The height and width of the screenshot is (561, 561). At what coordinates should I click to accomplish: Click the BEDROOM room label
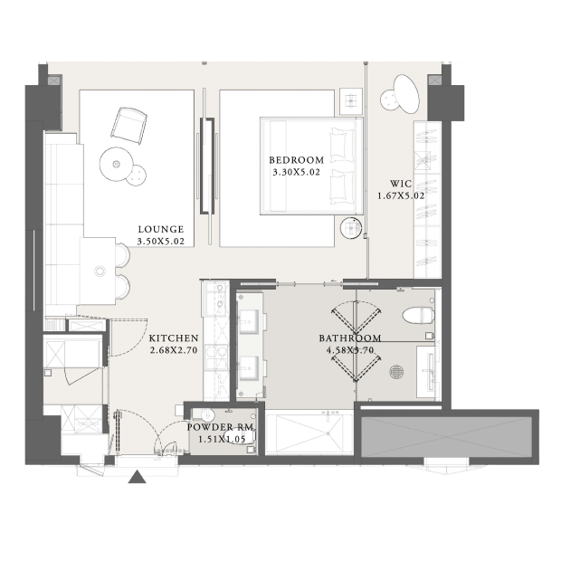[x=296, y=160]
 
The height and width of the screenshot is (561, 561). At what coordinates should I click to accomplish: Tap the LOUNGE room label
[x=161, y=229]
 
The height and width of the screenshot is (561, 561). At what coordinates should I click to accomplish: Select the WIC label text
[x=401, y=184]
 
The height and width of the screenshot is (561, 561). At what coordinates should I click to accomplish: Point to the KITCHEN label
[x=174, y=338]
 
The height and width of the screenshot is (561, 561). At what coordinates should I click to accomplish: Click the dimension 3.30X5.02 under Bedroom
[x=296, y=173]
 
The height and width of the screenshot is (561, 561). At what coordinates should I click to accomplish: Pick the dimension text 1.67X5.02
[x=401, y=196]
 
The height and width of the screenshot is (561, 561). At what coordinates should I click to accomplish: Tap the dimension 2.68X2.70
[x=174, y=350]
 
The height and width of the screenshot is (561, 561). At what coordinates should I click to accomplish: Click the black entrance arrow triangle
[x=137, y=477]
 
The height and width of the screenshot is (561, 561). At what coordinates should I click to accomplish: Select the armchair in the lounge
[x=128, y=126]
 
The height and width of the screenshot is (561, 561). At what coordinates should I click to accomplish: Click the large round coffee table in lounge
[x=117, y=164]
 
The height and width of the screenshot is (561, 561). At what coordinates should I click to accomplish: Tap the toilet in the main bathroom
[x=419, y=316]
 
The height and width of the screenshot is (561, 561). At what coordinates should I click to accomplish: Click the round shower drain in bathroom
[x=396, y=371]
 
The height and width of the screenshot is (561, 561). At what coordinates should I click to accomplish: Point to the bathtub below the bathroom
[x=309, y=433]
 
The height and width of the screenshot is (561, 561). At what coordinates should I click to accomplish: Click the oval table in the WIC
[x=406, y=94]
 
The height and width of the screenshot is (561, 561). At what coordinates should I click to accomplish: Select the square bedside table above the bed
[x=351, y=101]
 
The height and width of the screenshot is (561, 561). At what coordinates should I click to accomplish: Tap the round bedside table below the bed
[x=351, y=227]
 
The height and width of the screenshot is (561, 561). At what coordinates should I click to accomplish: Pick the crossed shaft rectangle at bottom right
[x=447, y=436]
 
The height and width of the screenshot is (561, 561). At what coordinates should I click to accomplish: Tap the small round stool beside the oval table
[x=389, y=100]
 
